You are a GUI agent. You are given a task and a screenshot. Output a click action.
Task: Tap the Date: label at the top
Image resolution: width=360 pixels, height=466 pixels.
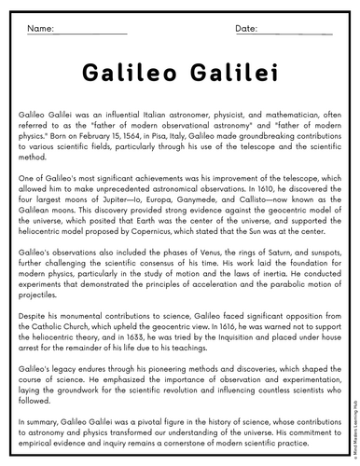[x=246, y=30]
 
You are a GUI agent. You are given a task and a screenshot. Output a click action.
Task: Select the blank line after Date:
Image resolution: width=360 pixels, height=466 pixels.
[x=295, y=33]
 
